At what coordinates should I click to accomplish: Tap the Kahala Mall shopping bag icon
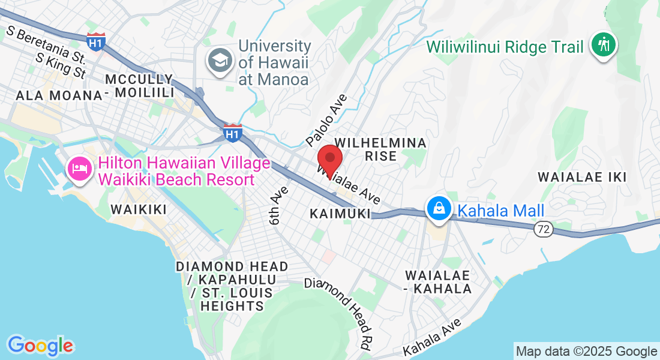click(439, 209)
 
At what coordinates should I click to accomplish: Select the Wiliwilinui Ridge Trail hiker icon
click(603, 45)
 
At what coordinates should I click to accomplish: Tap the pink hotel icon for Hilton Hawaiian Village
click(80, 168)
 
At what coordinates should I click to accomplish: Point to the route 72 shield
click(544, 229)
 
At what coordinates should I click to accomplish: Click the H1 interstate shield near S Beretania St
click(95, 41)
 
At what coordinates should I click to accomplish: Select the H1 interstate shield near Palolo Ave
click(232, 133)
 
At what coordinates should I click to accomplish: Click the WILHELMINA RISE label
click(381, 149)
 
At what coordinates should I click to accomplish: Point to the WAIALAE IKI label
click(582, 177)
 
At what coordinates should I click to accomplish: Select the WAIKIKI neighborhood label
click(138, 209)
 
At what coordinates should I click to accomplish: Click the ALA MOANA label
click(59, 95)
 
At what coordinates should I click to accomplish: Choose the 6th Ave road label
click(278, 205)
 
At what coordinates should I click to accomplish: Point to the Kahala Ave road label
click(433, 337)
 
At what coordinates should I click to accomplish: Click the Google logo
click(40, 346)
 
